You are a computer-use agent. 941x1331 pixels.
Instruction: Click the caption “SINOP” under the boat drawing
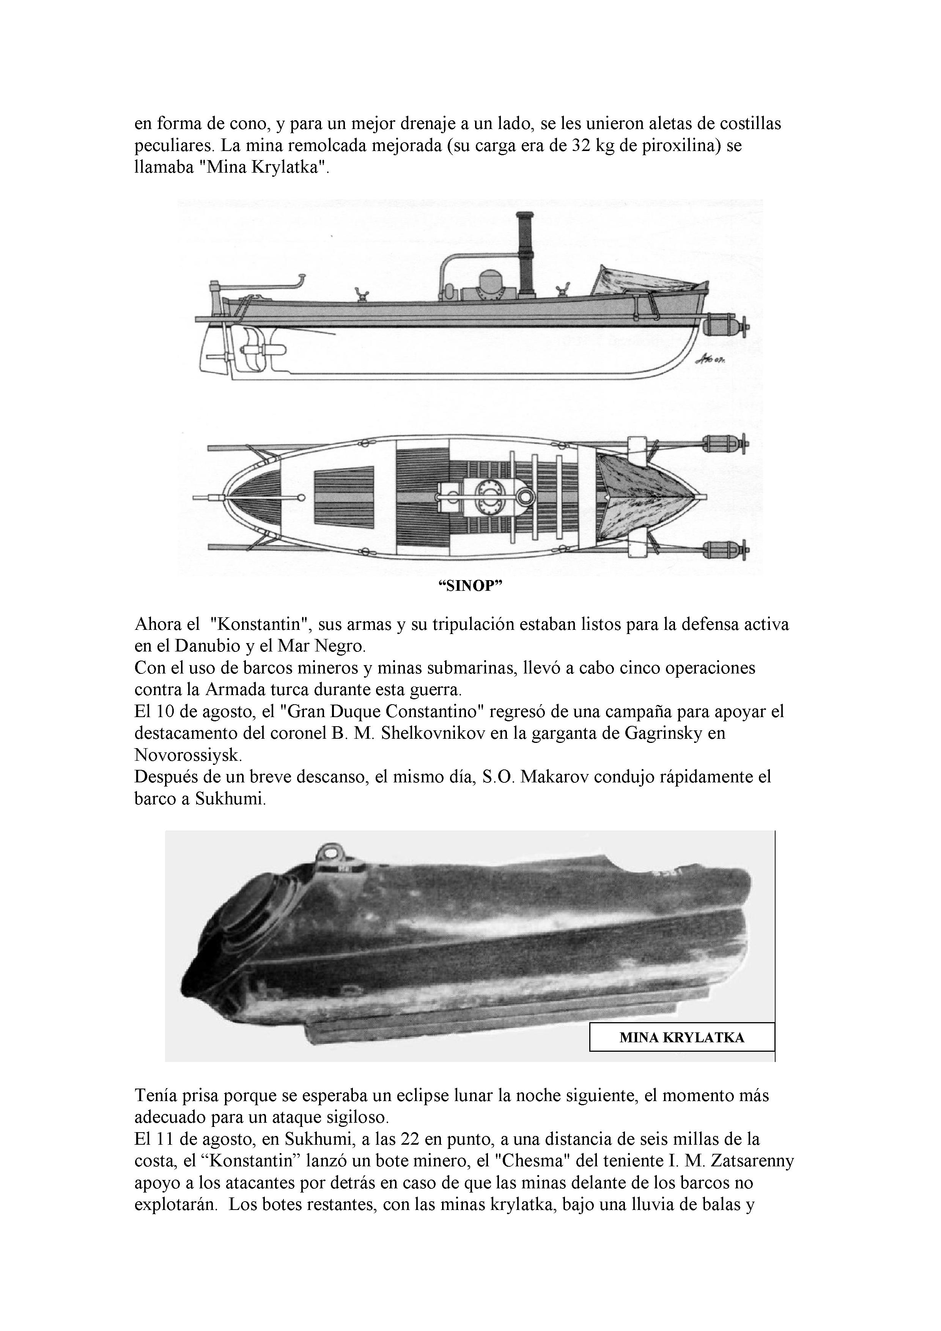click(470, 586)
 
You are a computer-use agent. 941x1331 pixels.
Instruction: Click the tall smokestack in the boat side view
click(526, 255)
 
